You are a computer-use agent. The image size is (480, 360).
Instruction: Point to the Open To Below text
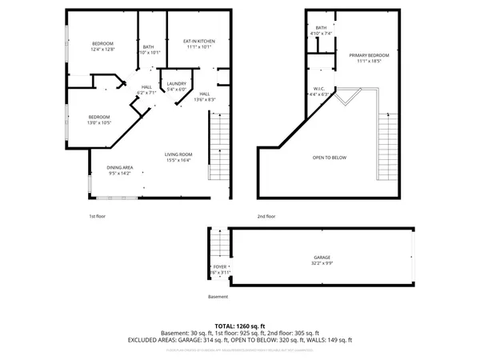pos(330,158)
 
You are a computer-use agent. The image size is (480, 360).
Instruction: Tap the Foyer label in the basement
pos(219,269)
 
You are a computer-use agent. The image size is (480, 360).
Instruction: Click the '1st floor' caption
pos(97,216)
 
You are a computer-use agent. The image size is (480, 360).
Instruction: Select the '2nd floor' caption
pos(266,216)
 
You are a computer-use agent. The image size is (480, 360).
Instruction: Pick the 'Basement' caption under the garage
pos(218,297)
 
